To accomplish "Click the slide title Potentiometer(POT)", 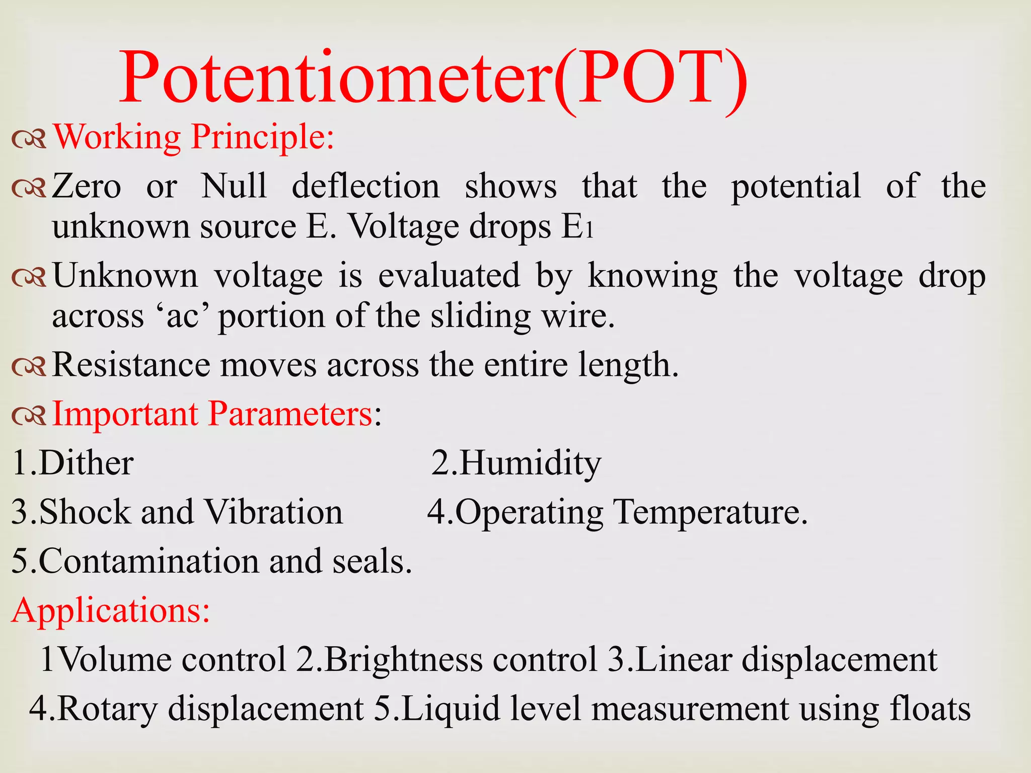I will click(433, 80).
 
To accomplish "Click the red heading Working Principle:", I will click(193, 137).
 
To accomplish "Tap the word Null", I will click(234, 186).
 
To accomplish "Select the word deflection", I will click(365, 186).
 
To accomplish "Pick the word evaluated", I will click(449, 276).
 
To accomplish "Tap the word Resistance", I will click(131, 364).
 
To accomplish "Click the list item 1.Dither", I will click(72, 463).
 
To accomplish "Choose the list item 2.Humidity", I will click(517, 463).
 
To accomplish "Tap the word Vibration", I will click(274, 512).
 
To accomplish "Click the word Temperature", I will click(710, 512).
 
